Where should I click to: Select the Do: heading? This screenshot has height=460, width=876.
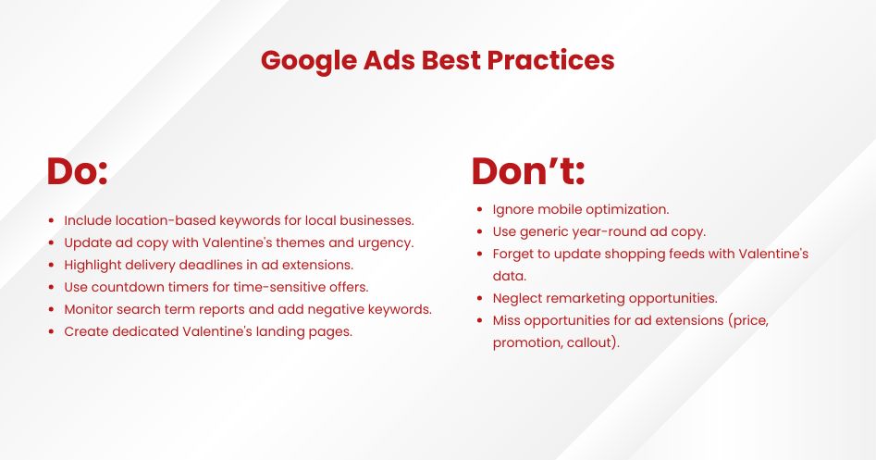click(78, 171)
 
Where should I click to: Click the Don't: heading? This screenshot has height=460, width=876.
click(528, 171)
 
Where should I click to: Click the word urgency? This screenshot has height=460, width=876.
click(386, 242)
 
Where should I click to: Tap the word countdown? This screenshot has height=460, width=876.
click(128, 287)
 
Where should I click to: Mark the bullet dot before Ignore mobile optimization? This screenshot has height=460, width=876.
click(477, 210)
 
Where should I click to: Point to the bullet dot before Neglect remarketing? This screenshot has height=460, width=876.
click(477, 299)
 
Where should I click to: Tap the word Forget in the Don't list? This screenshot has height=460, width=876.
click(514, 254)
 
